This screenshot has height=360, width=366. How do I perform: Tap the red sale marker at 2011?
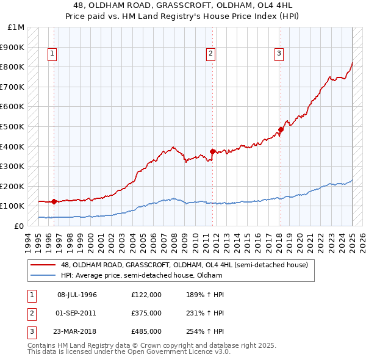213,151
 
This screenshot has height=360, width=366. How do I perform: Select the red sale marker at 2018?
281,129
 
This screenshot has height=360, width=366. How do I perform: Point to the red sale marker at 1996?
54,201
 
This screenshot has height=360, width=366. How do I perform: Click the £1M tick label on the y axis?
16,27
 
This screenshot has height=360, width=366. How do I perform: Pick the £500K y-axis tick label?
13,126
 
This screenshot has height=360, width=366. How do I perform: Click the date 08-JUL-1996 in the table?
77,295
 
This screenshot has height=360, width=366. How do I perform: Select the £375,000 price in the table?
146,313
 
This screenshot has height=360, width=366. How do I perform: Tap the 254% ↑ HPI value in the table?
206,331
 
